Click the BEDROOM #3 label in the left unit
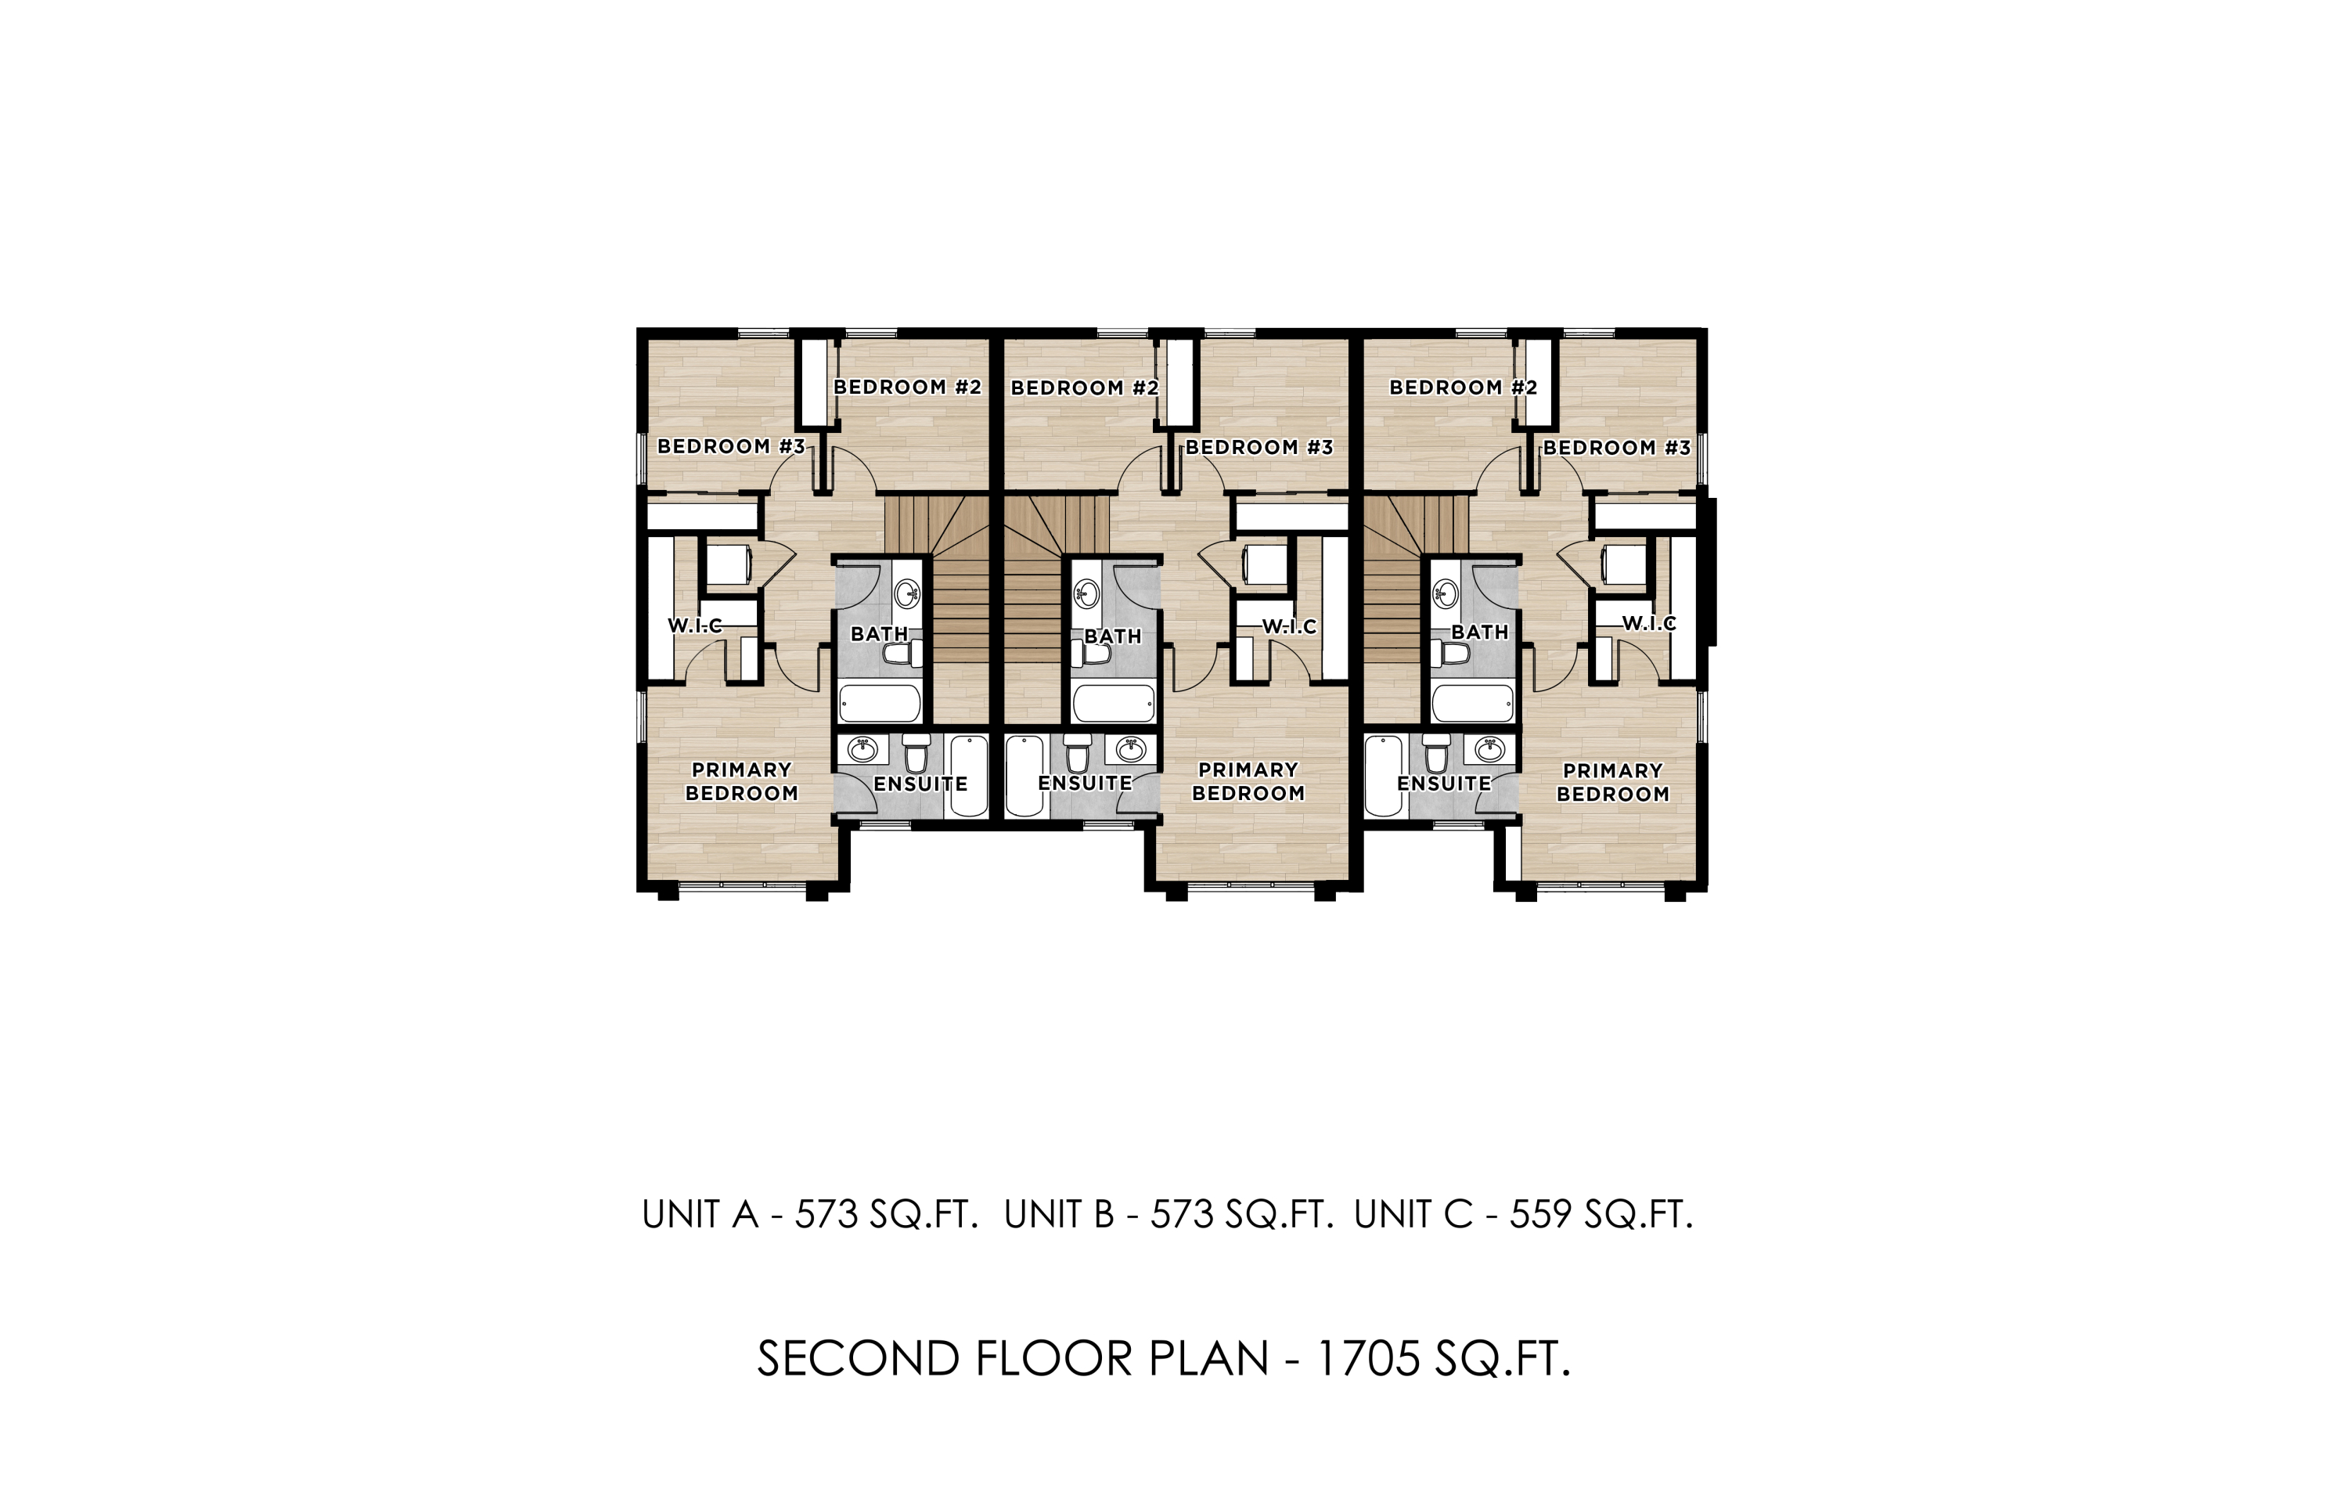coord(731,446)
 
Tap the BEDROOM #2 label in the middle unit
coord(1084,387)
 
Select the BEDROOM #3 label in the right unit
coord(1616,448)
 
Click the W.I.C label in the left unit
coord(695,625)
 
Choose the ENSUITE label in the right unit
coord(1443,784)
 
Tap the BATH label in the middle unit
coord(1112,636)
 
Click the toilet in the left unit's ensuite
coord(915,753)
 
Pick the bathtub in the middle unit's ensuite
coord(1024,777)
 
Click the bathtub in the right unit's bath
coord(1472,703)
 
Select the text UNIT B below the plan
coord(1059,1214)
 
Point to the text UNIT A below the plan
coord(700,1214)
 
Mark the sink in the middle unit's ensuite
coord(1131,750)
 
